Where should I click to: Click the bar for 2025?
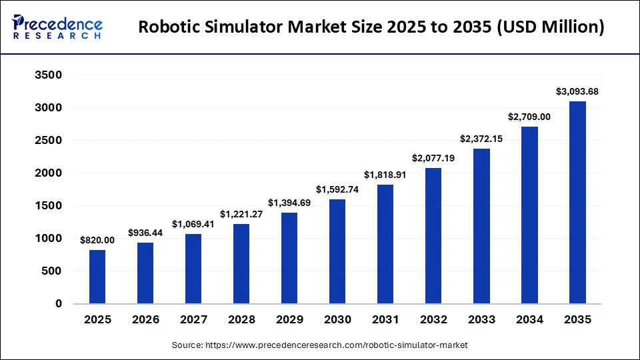click(x=97, y=277)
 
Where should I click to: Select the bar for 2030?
click(x=337, y=251)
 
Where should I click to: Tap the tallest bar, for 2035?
click(x=577, y=203)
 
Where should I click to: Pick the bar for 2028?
click(x=241, y=263)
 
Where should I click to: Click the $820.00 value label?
click(x=97, y=240)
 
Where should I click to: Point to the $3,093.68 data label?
click(x=577, y=91)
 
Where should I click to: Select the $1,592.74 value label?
click(x=337, y=189)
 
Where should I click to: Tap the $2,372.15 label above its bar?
click(x=481, y=139)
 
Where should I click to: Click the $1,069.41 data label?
click(x=193, y=224)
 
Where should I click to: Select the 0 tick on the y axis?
click(x=58, y=304)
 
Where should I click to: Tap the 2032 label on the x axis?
click(x=433, y=320)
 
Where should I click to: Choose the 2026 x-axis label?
click(x=145, y=320)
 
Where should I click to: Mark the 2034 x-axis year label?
click(x=529, y=320)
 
